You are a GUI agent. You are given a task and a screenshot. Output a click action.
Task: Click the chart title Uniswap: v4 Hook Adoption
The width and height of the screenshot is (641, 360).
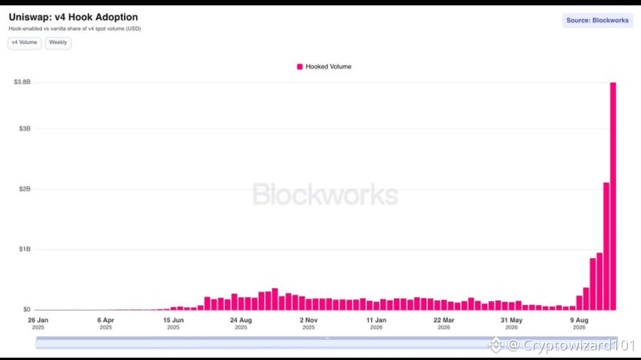[73, 17]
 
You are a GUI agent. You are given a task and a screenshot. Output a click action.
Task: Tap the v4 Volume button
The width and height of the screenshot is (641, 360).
[24, 43]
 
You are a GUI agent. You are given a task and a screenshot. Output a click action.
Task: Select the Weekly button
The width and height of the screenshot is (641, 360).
[58, 43]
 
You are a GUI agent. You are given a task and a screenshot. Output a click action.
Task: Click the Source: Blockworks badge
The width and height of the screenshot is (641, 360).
[597, 20]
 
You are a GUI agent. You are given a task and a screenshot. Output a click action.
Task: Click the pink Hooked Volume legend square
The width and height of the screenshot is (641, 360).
[300, 66]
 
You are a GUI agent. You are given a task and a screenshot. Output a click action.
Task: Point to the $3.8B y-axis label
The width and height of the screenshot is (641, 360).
[22, 82]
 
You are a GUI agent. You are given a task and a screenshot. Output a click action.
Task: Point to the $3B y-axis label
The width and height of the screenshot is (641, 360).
[24, 129]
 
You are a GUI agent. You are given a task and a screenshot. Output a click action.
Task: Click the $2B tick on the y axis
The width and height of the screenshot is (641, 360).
[24, 189]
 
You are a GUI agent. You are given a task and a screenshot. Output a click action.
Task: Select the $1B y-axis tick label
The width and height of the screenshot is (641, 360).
[24, 249]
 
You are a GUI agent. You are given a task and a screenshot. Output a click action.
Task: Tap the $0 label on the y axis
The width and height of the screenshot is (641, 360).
[27, 310]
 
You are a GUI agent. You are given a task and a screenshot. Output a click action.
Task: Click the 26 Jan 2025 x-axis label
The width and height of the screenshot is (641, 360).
[38, 323]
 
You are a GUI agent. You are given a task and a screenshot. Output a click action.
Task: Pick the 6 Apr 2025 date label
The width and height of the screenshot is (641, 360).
[106, 323]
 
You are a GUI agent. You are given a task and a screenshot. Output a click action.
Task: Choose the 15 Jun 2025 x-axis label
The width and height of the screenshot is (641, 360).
[173, 323]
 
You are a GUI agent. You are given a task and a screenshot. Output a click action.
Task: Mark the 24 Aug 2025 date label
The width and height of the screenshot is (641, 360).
[241, 323]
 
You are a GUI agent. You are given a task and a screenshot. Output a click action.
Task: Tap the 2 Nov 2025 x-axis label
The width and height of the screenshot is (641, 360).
[309, 323]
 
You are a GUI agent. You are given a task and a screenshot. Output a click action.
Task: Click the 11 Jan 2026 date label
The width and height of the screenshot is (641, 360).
[376, 323]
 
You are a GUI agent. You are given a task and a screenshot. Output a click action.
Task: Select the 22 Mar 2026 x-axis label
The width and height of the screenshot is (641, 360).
[444, 323]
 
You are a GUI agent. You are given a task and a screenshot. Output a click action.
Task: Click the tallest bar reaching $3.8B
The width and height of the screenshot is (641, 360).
[613, 196]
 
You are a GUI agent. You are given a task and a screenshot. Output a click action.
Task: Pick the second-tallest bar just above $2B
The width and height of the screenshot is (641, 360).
[606, 246]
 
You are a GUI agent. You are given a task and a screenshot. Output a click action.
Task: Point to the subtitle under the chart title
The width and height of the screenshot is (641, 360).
[75, 28]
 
